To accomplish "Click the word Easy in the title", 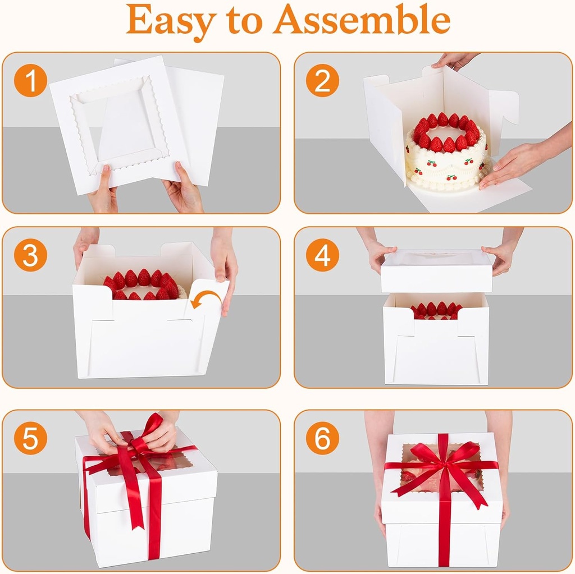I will [172, 21].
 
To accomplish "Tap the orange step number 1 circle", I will [30, 81].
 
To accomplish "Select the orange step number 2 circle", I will [322, 81].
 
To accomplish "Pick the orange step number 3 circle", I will [30, 255].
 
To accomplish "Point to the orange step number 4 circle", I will [322, 255].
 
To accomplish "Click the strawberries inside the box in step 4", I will [436, 310].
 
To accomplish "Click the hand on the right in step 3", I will [225, 269].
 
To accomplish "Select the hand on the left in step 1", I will [103, 191].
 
